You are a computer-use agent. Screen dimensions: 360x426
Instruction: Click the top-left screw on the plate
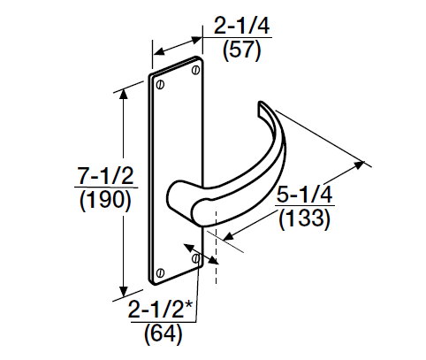(159, 86)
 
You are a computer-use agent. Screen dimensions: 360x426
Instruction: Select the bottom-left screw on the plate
(159, 272)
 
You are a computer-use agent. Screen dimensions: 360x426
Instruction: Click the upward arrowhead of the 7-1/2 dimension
(125, 85)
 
